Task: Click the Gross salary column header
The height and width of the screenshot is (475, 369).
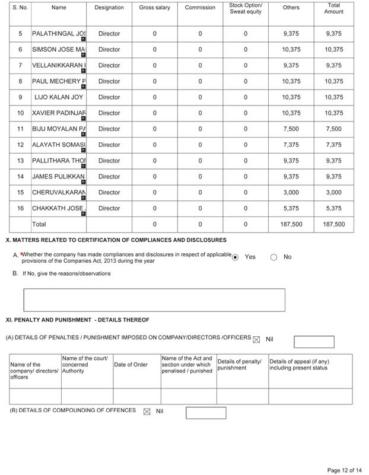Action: point(154,8)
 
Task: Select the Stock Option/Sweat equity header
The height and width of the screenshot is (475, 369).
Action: point(246,8)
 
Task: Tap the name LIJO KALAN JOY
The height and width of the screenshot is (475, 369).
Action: point(59,97)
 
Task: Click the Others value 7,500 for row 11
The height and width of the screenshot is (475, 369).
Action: point(291,129)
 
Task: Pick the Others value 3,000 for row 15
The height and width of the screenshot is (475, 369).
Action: point(291,192)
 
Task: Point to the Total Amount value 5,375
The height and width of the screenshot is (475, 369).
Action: point(333,208)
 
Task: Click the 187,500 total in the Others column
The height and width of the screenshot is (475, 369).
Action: point(291,225)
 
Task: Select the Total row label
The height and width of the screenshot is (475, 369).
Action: point(39,225)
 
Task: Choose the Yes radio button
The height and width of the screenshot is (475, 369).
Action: point(236,257)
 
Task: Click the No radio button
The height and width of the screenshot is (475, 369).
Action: point(274,257)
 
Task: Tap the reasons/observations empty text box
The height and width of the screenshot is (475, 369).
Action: point(154,299)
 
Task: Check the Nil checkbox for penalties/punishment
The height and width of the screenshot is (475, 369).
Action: point(256,339)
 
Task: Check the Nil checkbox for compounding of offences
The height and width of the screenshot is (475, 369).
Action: point(147,411)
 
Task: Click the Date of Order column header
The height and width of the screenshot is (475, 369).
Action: point(131,365)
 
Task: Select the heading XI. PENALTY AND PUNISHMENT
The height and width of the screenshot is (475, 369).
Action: point(77,320)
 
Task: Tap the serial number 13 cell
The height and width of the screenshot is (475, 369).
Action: point(20,160)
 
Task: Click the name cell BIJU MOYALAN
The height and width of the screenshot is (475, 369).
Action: point(59,129)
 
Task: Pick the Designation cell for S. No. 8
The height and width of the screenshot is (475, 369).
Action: point(109,81)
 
